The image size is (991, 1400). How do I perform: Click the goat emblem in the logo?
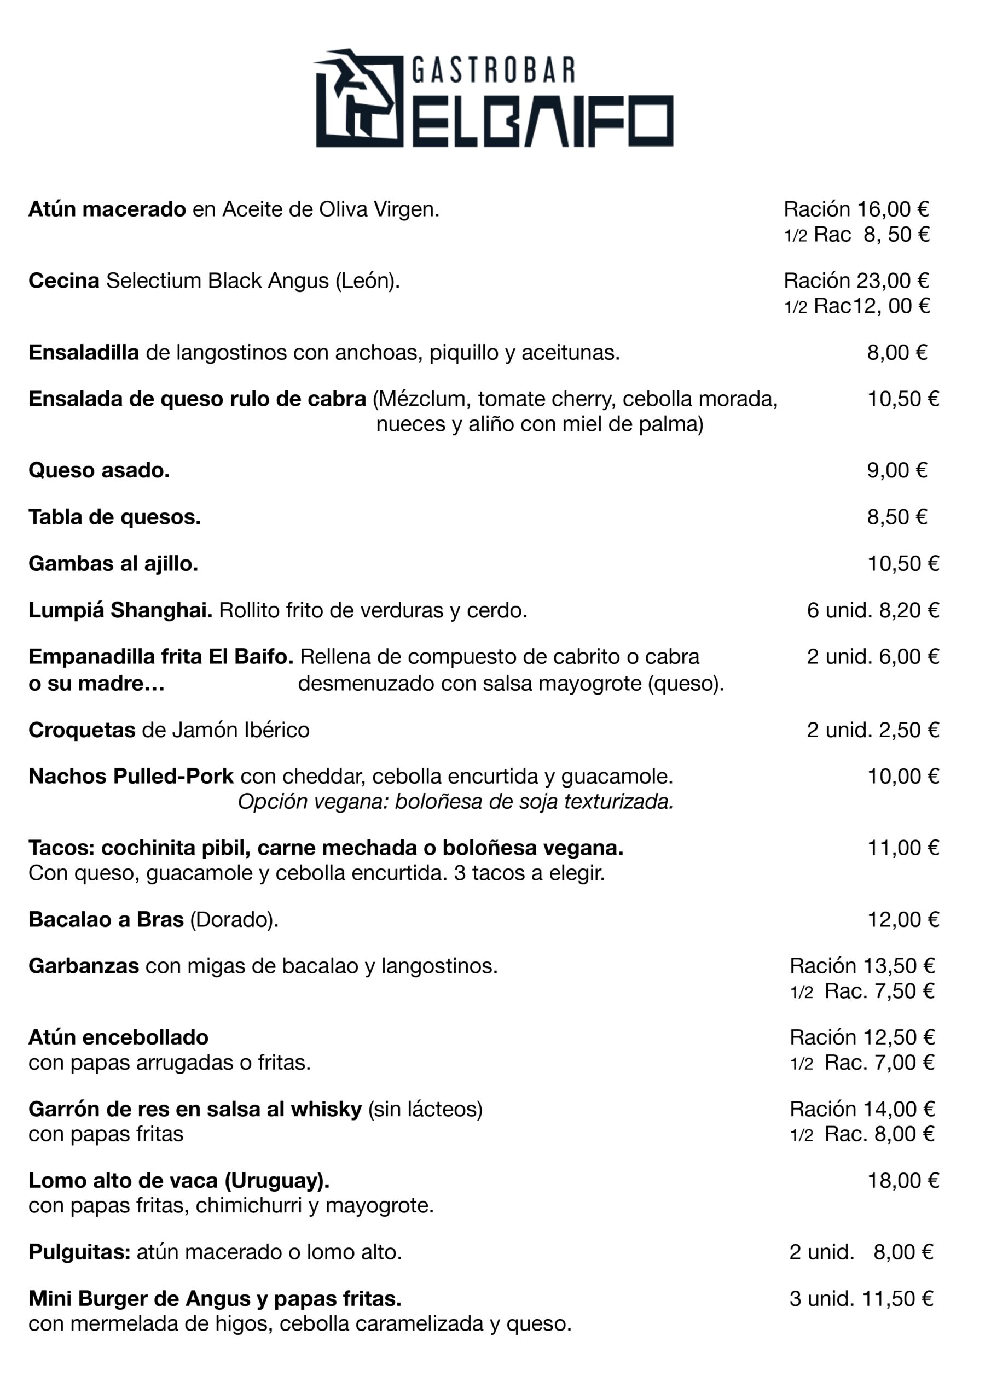[x=359, y=97]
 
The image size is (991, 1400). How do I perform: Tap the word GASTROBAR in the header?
[x=493, y=70]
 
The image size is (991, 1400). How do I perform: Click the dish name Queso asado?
[x=99, y=470]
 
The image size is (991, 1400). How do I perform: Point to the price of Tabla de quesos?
[x=897, y=517]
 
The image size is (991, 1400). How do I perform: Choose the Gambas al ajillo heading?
[x=113, y=563]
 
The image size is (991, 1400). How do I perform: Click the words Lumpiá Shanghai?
[x=120, y=610]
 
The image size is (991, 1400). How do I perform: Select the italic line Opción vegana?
[x=455, y=801]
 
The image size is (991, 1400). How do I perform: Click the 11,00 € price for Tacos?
[x=903, y=848]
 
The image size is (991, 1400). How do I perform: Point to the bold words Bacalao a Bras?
[x=106, y=919]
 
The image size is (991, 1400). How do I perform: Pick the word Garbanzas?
[x=84, y=966]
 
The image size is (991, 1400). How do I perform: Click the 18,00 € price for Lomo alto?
[x=903, y=1181]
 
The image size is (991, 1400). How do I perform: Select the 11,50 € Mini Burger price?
[x=897, y=1299]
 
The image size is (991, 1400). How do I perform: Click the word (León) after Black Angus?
[x=367, y=281]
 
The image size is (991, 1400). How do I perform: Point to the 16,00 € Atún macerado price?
[x=893, y=209]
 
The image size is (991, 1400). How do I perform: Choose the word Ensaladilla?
[x=84, y=352]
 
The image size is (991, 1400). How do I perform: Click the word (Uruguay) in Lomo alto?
[x=276, y=1181]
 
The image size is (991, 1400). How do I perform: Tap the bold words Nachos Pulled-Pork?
[x=131, y=776]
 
